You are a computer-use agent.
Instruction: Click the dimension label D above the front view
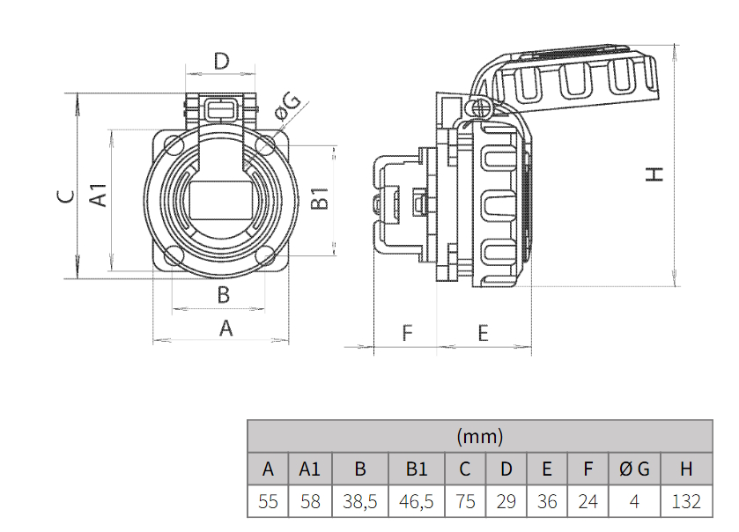(221, 61)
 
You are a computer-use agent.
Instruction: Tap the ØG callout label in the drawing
(288, 107)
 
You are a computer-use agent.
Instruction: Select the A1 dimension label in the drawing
(100, 196)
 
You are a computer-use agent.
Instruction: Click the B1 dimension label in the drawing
(321, 198)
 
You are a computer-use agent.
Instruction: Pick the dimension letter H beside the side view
(654, 174)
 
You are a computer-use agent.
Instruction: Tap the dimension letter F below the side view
(407, 333)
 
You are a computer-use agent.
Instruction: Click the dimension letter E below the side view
(483, 333)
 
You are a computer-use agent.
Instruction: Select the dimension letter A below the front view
(225, 329)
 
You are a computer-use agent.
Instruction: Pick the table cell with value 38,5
(359, 501)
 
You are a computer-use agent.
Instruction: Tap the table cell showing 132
(686, 501)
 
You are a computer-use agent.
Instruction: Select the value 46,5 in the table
(417, 501)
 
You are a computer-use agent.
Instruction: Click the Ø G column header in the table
(634, 469)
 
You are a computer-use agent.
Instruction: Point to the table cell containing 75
(466, 501)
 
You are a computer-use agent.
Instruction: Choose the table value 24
(588, 501)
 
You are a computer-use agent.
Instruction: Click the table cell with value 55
(269, 501)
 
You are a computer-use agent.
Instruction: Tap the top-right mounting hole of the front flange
(267, 144)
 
